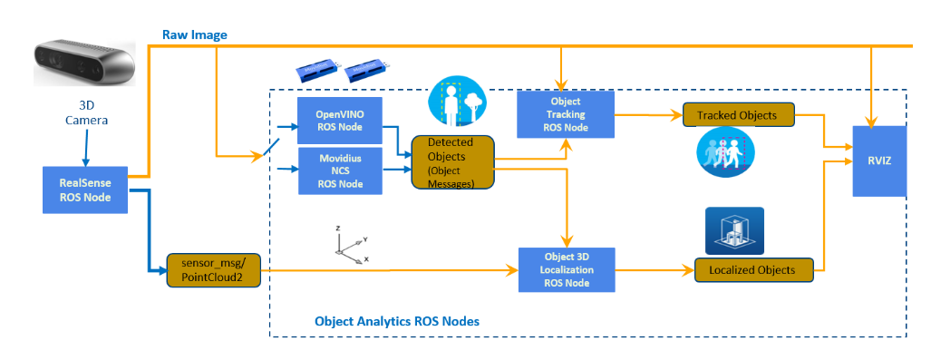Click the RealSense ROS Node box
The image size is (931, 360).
(x=85, y=190)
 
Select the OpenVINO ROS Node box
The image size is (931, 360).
(x=339, y=121)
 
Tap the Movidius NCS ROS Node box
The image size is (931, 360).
(x=339, y=171)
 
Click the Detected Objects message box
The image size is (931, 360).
(x=453, y=162)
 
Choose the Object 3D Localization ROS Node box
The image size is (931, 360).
(x=567, y=269)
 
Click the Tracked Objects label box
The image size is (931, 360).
(x=737, y=114)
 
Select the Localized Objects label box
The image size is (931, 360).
(x=752, y=269)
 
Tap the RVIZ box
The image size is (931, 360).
(x=879, y=161)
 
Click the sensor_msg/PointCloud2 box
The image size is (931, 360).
(x=213, y=270)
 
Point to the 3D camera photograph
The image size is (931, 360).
(x=83, y=63)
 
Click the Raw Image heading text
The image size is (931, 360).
(x=195, y=35)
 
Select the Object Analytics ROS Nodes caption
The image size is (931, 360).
(x=397, y=321)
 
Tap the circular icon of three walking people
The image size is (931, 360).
(x=725, y=151)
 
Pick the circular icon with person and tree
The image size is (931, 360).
(x=457, y=102)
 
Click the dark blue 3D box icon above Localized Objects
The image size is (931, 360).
(x=734, y=230)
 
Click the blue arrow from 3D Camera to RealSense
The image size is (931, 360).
(x=86, y=148)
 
